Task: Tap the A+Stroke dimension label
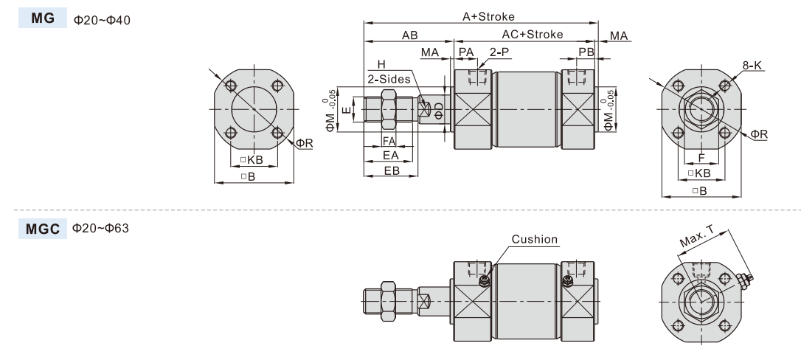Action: point(488,15)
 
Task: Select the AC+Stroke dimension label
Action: point(532,34)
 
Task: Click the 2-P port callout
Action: point(499,52)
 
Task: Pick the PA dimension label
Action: point(466,52)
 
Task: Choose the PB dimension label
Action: point(586,52)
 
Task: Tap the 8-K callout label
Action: point(752,66)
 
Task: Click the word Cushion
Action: point(535,240)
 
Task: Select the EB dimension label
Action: point(391,170)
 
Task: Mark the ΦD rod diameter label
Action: point(440,111)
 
